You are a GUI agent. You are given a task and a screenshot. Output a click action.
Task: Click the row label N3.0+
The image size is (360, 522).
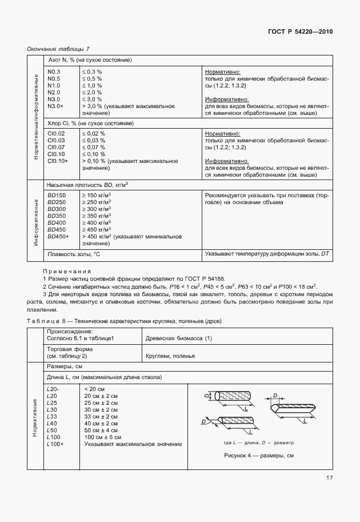(x=56, y=106)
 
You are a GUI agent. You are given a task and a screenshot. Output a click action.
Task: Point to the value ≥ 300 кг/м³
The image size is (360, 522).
(x=97, y=209)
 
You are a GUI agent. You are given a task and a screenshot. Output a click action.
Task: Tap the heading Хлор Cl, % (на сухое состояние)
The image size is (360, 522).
(x=90, y=123)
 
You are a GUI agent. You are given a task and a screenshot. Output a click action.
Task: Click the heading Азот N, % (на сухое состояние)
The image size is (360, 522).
(x=90, y=60)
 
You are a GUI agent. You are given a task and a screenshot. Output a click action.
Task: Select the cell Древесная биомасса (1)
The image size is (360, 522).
(x=179, y=338)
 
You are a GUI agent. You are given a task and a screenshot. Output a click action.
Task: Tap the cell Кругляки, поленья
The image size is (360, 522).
(x=171, y=356)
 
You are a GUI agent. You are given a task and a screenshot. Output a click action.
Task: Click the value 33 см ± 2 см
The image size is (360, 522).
(x=101, y=417)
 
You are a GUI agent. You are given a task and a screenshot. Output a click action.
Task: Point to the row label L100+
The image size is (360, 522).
(x=55, y=444)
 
